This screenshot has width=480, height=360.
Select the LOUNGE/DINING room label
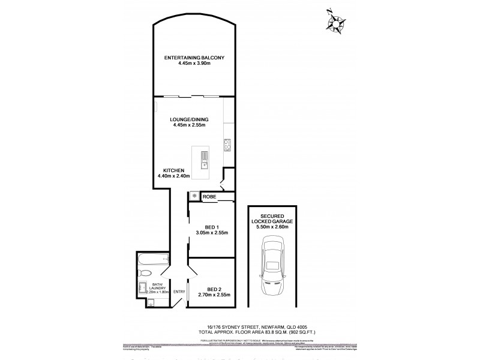[188, 119]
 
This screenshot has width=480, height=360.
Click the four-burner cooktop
[227, 144]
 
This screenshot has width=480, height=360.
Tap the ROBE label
[209, 197]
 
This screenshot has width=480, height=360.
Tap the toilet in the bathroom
[143, 287]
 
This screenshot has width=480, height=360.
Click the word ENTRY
[179, 292]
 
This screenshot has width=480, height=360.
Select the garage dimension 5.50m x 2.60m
[272, 227]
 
